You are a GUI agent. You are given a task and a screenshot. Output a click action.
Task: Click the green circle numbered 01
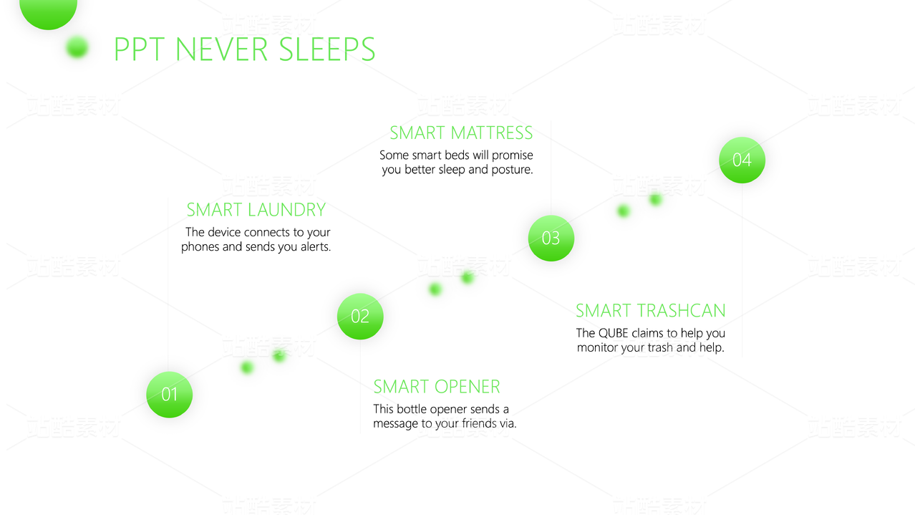click(x=169, y=395)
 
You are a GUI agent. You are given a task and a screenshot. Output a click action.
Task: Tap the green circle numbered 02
click(x=360, y=317)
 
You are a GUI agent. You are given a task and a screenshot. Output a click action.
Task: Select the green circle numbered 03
click(x=551, y=239)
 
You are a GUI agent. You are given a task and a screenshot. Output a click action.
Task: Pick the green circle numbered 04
click(x=742, y=160)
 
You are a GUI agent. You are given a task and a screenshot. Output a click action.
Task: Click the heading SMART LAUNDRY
click(x=256, y=210)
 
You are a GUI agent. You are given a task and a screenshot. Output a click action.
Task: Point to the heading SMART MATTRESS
click(x=461, y=133)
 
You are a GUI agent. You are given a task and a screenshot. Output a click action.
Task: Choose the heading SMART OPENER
click(x=437, y=387)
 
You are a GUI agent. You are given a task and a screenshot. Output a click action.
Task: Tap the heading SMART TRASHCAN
click(x=651, y=311)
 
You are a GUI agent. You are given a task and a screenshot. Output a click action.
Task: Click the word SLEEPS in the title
click(x=326, y=49)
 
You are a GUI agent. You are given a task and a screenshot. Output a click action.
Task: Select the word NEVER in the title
click(x=221, y=49)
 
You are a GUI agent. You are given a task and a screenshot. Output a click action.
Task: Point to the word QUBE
click(x=613, y=333)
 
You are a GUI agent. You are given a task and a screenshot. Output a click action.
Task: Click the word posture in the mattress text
click(x=512, y=170)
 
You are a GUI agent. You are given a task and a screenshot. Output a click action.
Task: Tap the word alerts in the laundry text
click(x=316, y=246)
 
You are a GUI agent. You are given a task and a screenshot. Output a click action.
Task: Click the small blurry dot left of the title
click(x=77, y=47)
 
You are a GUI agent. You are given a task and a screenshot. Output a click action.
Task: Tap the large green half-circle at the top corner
click(x=48, y=13)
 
